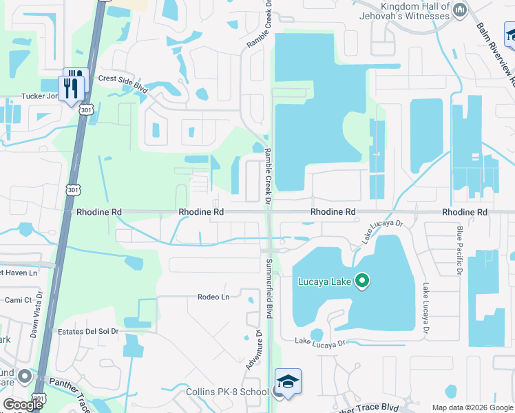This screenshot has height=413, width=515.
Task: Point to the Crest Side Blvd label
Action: pos(124,79)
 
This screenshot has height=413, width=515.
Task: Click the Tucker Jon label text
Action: pos(41,97)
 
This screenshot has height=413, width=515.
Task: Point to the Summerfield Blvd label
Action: pos(269,288)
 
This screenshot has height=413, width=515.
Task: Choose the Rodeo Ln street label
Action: pos(213,297)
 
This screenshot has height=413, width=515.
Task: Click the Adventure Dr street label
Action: pos(250,349)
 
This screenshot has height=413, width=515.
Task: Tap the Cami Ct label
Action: pos(19,300)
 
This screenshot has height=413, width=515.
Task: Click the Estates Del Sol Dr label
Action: pos(88,331)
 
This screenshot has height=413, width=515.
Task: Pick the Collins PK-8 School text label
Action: pos(227,392)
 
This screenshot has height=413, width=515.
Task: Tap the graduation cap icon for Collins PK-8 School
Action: pos(288,381)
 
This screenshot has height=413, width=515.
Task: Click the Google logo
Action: pos(23,405)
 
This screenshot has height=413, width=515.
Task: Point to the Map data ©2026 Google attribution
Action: pos(472,407)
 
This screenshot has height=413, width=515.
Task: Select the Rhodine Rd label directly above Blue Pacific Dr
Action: pos(465,213)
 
